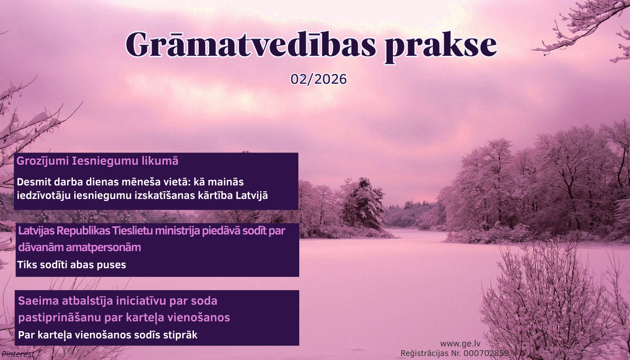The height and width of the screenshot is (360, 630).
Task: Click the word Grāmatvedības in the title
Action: point(251,45)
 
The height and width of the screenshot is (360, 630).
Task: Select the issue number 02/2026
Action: point(319,79)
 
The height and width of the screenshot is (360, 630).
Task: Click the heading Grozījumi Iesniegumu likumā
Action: point(97,161)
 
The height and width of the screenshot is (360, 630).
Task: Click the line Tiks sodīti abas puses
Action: point(72,265)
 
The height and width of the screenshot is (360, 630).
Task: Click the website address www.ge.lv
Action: point(460,344)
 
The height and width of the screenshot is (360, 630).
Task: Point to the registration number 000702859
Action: point(486,353)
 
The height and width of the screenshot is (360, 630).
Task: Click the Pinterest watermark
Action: point(18,354)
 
